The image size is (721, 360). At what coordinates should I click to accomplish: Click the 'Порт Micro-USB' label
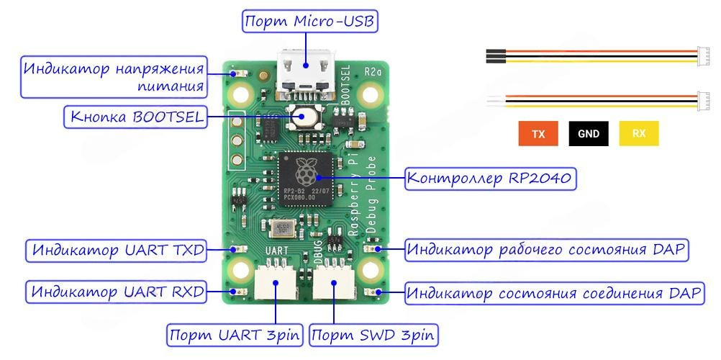point(309,22)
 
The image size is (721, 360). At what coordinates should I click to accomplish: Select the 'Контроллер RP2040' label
point(491,178)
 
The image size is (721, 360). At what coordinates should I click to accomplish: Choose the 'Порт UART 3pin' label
point(234,335)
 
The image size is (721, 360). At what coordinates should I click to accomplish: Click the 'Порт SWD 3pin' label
point(374,335)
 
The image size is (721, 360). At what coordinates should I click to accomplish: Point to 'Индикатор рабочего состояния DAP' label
point(547,251)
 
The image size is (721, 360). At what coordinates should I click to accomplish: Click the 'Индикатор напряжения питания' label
point(114,77)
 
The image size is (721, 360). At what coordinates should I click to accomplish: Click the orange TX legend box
point(538,134)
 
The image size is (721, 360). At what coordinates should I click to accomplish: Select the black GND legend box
point(589,134)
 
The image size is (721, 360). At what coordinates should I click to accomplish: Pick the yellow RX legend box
point(638,134)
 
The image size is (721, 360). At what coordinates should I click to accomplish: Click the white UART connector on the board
point(277,282)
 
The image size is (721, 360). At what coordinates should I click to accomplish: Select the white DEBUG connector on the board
point(334,282)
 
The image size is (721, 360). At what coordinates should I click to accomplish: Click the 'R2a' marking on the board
point(373,71)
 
